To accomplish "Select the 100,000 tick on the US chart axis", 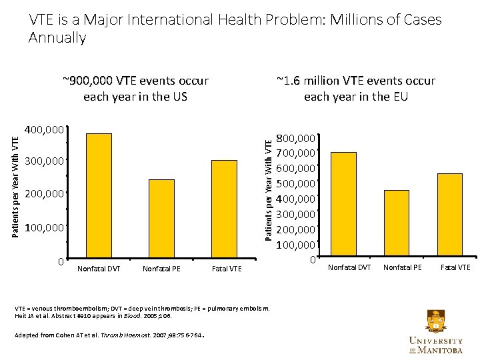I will (44, 228).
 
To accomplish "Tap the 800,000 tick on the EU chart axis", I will (296, 139).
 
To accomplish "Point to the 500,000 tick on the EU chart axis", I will (296, 184).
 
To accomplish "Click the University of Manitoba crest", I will (435, 322).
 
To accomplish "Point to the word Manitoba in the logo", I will (444, 350).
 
